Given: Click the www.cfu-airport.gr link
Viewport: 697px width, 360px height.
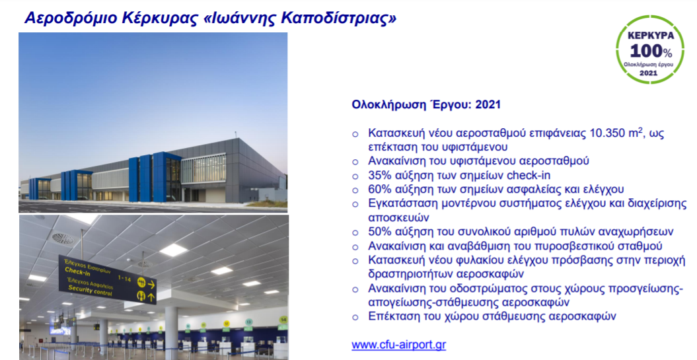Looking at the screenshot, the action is coord(398,344).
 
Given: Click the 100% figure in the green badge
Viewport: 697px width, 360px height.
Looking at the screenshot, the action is coord(651,52).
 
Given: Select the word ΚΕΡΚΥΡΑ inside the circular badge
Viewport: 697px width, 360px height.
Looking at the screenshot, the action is coord(651,36).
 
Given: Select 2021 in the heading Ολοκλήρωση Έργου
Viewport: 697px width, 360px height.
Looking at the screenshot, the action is coord(488,105).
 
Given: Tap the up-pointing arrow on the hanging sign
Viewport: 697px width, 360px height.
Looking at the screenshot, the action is coord(151,297).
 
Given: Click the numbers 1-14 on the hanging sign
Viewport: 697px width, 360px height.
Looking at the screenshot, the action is coord(124,278).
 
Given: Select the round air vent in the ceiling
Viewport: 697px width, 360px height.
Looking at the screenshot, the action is coord(63,238).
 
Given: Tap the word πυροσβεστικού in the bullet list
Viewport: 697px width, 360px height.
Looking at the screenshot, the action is coord(581,246).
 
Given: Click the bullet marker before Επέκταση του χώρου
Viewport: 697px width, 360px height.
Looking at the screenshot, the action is coord(355,317).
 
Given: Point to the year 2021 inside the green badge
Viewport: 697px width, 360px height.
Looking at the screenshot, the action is coord(649,73).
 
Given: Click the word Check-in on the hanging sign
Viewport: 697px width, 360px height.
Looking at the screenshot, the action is coord(78,270).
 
